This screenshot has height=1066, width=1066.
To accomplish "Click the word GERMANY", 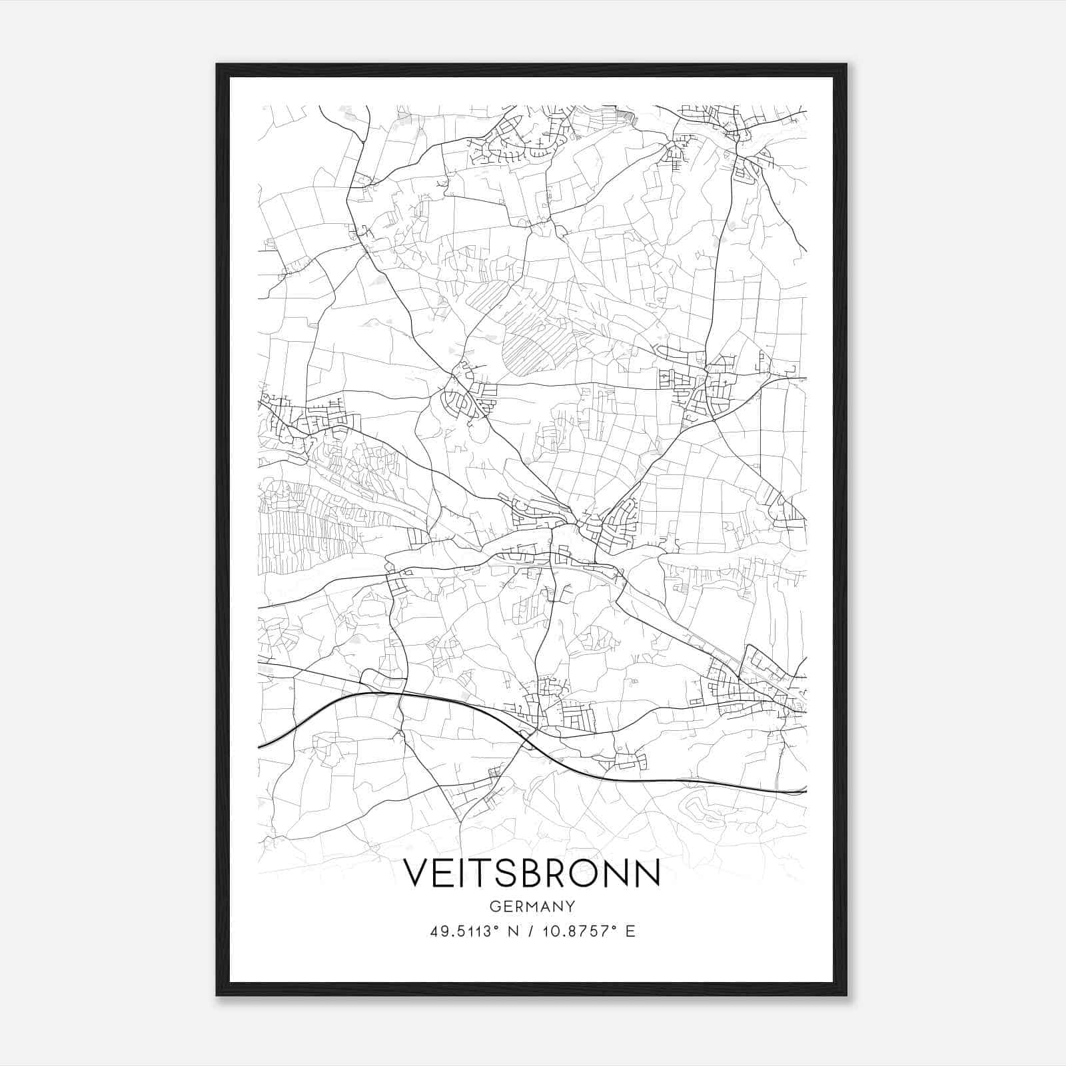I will (532, 906).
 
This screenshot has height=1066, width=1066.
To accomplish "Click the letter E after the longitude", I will (630, 931).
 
